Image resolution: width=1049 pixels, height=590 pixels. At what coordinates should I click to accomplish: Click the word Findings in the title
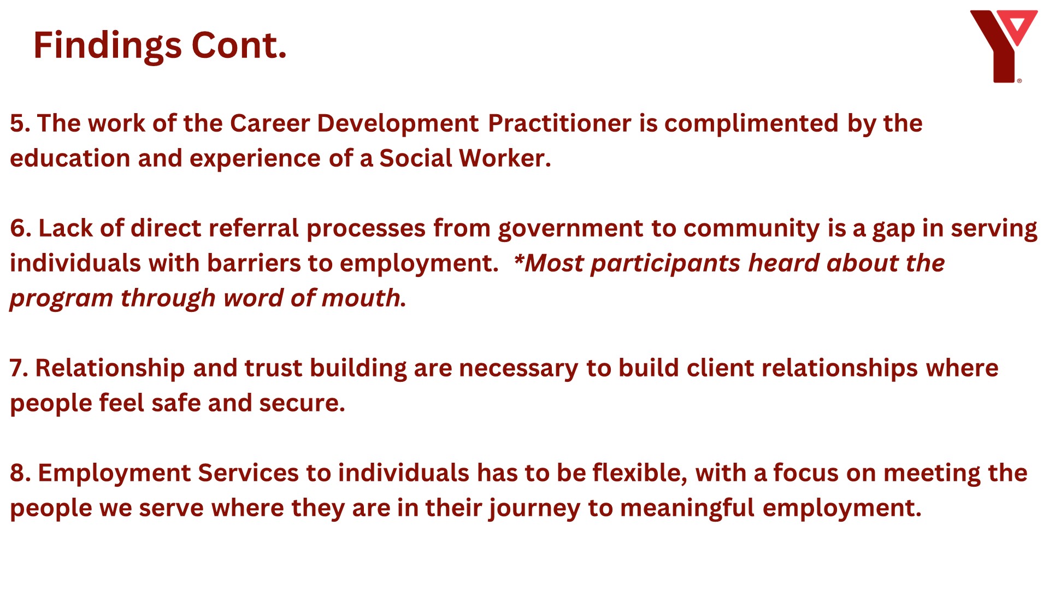(107, 46)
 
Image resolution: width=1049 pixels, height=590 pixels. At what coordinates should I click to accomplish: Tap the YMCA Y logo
(1003, 46)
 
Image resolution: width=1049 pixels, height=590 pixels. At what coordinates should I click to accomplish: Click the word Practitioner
(559, 123)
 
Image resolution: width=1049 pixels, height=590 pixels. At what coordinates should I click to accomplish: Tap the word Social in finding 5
(416, 158)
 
